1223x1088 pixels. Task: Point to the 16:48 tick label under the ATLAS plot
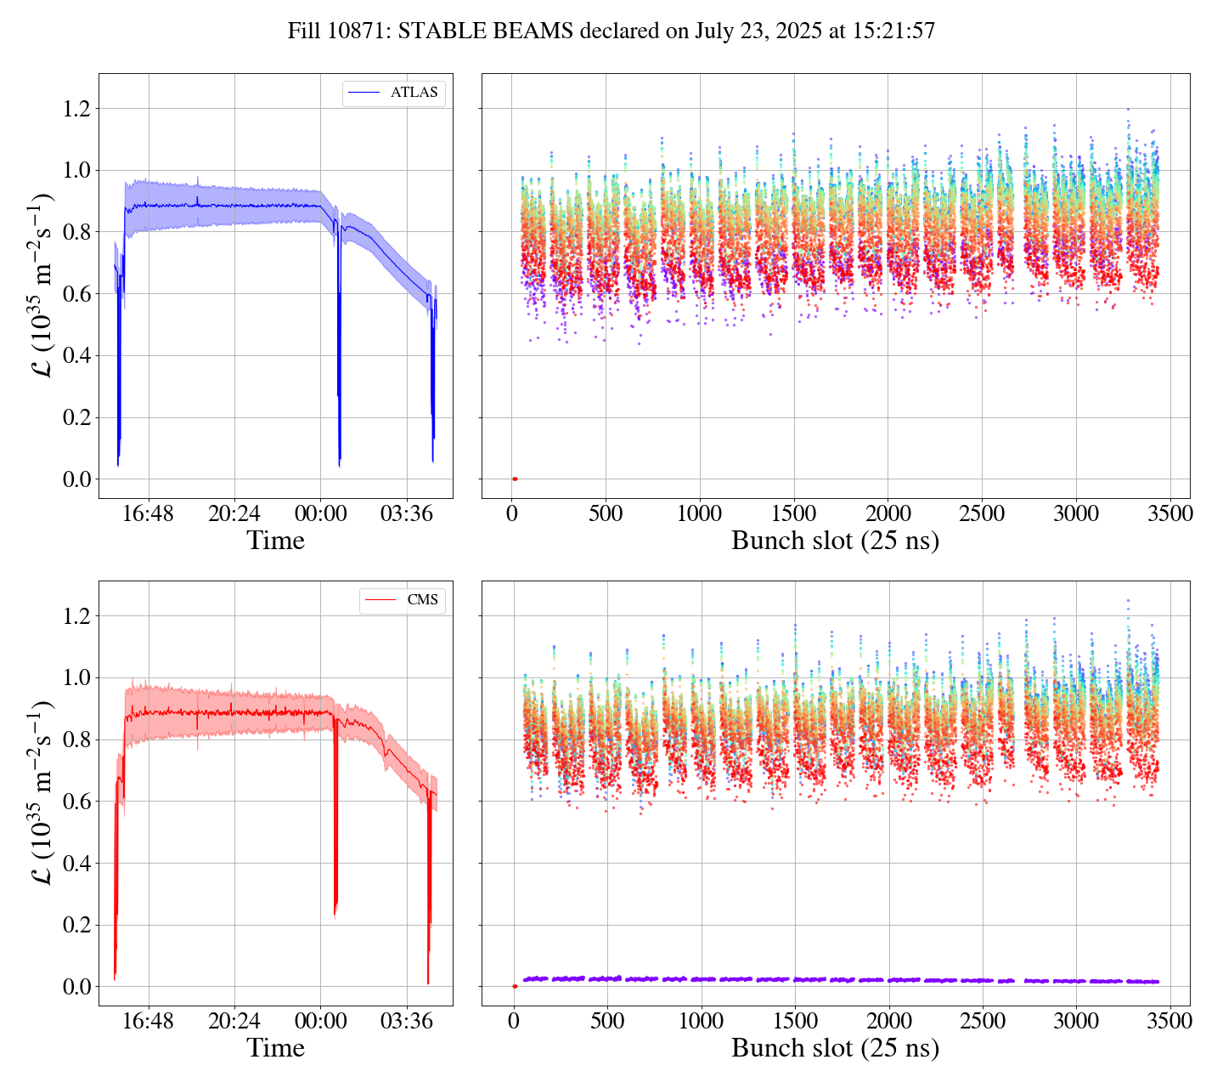coord(149,514)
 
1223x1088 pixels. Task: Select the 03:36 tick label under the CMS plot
coord(406,1021)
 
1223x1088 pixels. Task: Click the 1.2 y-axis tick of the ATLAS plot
coord(76,109)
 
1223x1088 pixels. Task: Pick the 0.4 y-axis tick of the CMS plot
coord(76,864)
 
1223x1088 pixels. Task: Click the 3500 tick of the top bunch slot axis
coord(1169,514)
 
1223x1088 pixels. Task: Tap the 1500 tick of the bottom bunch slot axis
coord(795,1021)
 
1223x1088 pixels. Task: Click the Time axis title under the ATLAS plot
coord(275,541)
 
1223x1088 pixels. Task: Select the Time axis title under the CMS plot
coord(275,1048)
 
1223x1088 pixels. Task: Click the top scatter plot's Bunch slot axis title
coord(835,541)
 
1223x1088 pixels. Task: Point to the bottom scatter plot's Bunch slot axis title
coord(835,1048)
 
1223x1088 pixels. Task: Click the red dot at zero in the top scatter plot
coord(515,479)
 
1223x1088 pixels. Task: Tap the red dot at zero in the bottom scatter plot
coord(515,986)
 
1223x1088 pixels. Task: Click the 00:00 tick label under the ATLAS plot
coord(320,514)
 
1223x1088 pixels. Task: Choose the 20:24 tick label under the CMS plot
coord(234,1021)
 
